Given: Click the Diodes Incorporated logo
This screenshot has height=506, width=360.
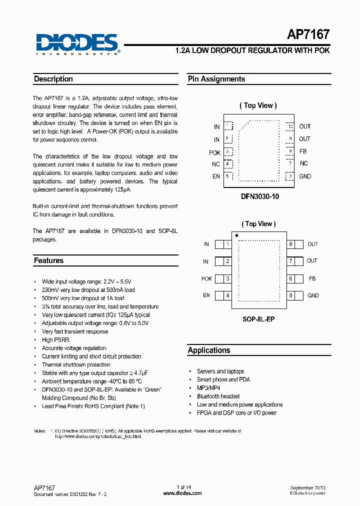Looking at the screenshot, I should [77, 43].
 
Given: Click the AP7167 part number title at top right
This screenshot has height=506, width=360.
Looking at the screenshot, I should [308, 34].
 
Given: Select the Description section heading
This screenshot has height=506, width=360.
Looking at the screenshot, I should [53, 79].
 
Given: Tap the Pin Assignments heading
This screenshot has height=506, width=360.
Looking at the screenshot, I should [216, 79].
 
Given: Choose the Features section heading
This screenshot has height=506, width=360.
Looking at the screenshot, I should [48, 260].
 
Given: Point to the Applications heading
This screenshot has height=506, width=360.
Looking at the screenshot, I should [209, 350].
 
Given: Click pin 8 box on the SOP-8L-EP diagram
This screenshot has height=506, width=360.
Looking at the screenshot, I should [290, 244].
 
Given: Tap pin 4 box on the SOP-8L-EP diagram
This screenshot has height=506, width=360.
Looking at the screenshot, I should [227, 295].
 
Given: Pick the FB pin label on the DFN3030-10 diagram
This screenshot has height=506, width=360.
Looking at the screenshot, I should [303, 151].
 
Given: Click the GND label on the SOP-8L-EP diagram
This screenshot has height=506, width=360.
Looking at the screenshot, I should [313, 295].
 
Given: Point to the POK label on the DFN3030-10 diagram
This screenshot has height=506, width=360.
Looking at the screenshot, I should [214, 153].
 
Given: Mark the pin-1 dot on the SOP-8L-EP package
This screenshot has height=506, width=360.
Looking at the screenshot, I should [236, 235].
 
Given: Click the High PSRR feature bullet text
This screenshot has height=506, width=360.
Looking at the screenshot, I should [55, 340].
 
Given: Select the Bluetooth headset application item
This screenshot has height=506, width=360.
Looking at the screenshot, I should [218, 396].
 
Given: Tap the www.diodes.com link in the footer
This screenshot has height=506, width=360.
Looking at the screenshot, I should [182, 493].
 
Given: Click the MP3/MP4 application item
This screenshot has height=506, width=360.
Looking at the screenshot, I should [208, 388].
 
